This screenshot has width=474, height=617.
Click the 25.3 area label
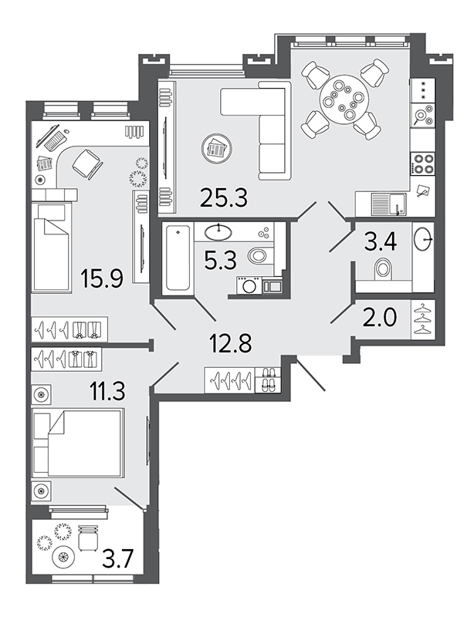click(223, 197)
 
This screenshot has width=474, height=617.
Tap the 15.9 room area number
click(101, 278)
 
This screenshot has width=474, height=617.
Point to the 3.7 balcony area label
click(119, 559)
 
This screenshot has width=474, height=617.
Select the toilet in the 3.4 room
click(383, 268)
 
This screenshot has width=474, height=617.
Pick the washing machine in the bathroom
click(249, 285)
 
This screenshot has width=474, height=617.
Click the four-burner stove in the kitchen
click(422, 164)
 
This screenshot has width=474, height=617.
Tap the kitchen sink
click(389, 204)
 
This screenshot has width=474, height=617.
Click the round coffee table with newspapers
click(216, 149)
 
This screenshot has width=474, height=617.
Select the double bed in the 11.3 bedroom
click(79, 441)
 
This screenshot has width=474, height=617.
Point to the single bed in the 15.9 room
click(52, 248)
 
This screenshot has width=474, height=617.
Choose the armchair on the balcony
click(87, 538)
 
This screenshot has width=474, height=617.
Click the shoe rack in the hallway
click(268, 379)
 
